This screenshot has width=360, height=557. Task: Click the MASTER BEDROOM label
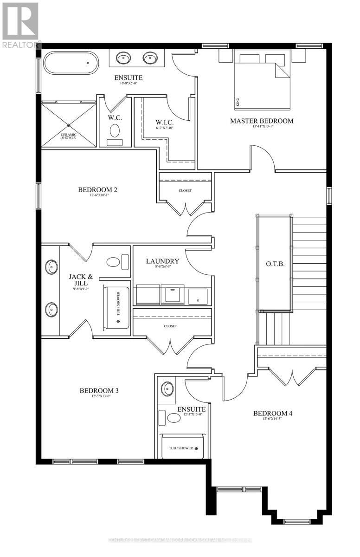(x=262, y=121)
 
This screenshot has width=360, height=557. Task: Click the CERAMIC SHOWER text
(x=69, y=136)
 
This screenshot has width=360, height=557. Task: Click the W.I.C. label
(x=164, y=123)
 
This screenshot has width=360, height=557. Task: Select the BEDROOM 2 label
(x=97, y=189)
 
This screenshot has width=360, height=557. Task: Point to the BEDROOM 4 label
(x=272, y=413)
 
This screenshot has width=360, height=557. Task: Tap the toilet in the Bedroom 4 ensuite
(x=174, y=418)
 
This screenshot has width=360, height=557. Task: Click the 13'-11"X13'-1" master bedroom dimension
(x=262, y=127)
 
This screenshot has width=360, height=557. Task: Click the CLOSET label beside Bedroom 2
(x=185, y=190)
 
